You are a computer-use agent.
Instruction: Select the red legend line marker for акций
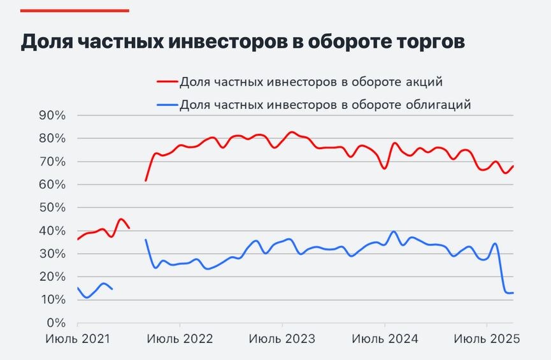coord(166,82)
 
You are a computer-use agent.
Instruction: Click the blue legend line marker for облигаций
coord(166,104)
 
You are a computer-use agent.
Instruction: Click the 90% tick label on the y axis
coord(52,115)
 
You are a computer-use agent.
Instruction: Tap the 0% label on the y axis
coord(57,322)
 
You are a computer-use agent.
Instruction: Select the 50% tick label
coord(52,208)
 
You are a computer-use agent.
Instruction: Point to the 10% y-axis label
coord(52,299)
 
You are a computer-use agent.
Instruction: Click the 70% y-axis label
coord(52,162)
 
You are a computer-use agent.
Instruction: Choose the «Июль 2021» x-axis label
coord(78,339)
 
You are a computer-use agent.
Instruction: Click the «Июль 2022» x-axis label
coord(180,339)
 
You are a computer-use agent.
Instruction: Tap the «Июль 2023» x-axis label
coord(282,339)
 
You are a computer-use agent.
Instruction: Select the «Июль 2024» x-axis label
coord(385,339)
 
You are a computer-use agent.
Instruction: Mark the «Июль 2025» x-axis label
coord(487,339)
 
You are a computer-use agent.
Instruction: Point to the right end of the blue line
coord(513,292)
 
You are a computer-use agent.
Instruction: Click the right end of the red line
coord(513,166)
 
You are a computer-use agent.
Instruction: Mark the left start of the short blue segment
coord(78,287)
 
